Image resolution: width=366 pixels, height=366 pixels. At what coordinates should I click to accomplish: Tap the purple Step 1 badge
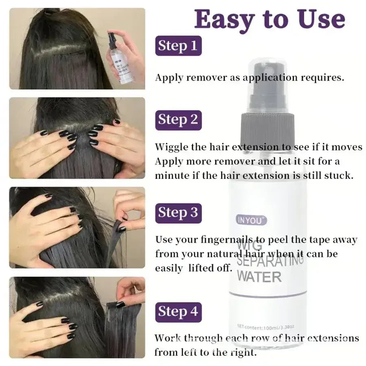(178, 45)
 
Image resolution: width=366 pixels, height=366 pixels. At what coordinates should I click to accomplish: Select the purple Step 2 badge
(178, 120)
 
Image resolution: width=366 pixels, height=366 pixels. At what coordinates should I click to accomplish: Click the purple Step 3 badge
(178, 212)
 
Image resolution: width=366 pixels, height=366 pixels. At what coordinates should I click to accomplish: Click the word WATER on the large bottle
(259, 277)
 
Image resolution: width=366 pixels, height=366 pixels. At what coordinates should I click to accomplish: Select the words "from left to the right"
(205, 352)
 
